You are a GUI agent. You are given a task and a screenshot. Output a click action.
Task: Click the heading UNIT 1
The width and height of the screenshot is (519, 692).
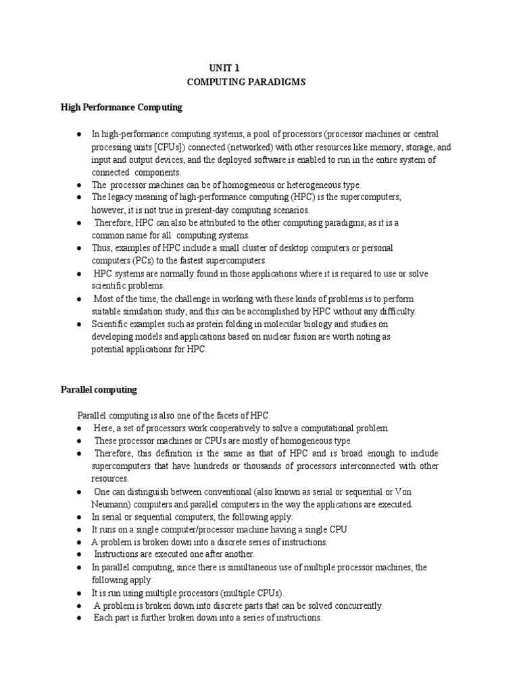pos(224,68)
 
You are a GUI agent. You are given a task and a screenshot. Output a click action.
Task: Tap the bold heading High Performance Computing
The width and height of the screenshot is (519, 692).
pos(122,107)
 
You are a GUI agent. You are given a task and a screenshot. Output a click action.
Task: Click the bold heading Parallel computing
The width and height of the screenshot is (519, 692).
pos(99,390)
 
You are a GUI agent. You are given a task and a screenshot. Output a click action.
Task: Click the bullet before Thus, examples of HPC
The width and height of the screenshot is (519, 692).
pos(80,248)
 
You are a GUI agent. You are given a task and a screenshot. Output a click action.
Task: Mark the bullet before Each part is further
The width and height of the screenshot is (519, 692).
pos(80,618)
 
